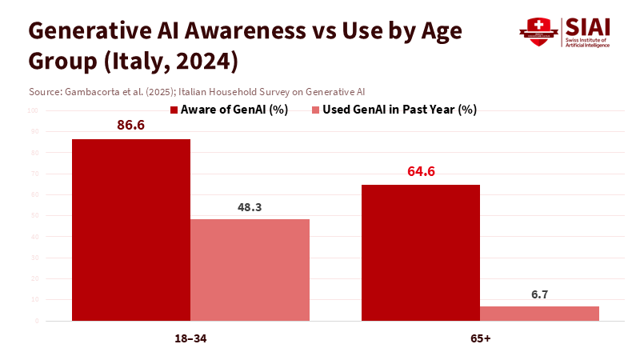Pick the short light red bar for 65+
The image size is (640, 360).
click(x=539, y=314)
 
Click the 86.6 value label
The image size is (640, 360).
click(x=130, y=126)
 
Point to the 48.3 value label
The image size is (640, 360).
click(x=250, y=207)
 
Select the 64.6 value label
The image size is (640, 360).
click(x=421, y=172)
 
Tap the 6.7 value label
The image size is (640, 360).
click(x=539, y=294)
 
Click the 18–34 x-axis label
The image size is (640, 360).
click(x=190, y=338)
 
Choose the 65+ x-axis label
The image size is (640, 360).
click(x=481, y=338)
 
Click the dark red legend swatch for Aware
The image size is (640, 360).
click(x=174, y=110)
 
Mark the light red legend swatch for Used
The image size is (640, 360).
click(x=315, y=110)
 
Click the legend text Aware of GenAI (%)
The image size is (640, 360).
click(x=234, y=110)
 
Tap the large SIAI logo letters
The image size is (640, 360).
click(x=587, y=26)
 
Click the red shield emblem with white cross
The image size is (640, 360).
click(x=538, y=31)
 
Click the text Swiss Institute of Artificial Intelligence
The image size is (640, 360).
click(x=587, y=42)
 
